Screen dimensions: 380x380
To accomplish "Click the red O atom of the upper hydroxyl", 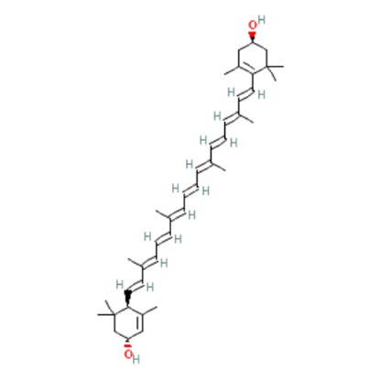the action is tap(253, 26).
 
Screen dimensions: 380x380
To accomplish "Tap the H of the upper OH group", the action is tap(261, 20).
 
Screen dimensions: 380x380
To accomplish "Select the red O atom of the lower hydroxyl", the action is tap(128, 354).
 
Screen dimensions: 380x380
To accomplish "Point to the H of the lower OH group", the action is tap(136, 359).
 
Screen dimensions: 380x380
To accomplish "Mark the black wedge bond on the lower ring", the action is tap(128, 299).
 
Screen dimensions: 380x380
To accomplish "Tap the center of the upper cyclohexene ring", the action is tap(253, 58).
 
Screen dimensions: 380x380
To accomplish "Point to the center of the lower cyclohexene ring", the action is tap(128, 322).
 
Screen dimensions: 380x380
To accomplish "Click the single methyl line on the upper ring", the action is tap(232, 70).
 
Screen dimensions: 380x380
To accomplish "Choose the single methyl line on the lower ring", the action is tap(149, 310).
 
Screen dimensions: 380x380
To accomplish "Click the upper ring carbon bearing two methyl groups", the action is tap(267, 66).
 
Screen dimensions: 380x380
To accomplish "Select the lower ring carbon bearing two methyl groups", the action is tap(114, 315).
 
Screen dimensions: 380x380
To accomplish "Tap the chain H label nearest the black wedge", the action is tap(120, 285).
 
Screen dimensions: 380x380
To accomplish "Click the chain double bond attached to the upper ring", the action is tap(246, 93).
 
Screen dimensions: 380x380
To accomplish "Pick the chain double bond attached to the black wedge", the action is tap(135, 286).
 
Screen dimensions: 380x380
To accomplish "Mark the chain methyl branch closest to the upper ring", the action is tap(246, 118).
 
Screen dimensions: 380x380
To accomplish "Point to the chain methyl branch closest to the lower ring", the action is tap(135, 262).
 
